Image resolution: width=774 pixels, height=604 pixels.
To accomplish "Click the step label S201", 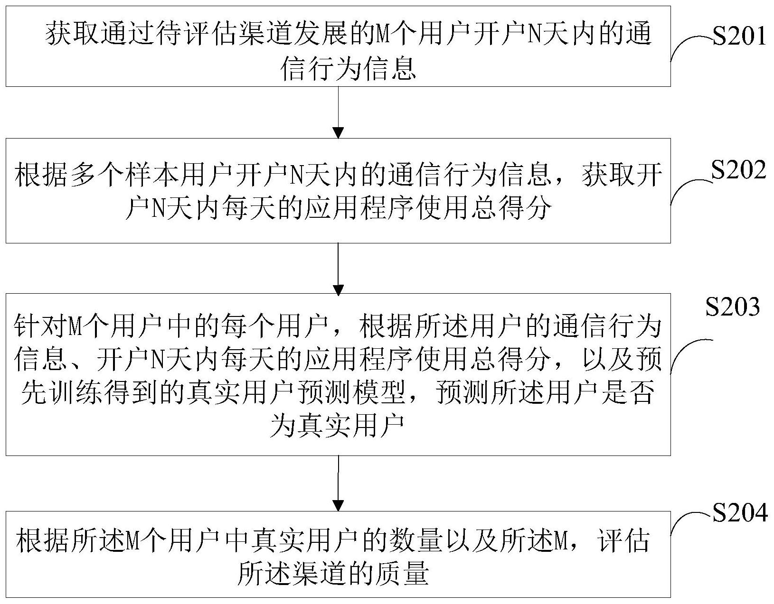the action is coord(739,37).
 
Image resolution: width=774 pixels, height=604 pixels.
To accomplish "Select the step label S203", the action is coord(733,307).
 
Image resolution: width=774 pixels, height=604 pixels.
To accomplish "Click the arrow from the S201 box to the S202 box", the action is coord(338,112).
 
